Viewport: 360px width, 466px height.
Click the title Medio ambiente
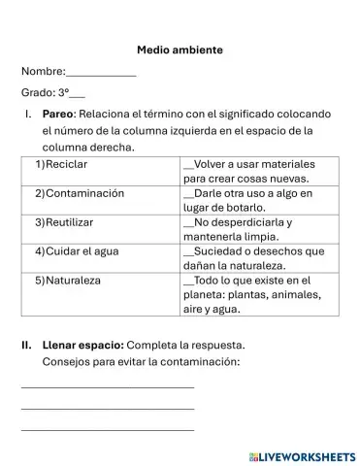pyautogui.click(x=180, y=49)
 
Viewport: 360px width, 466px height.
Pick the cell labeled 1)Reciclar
pyautogui.click(x=60, y=164)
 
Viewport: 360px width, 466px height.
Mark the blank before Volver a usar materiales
pyautogui.click(x=188, y=166)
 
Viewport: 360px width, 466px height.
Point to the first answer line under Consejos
pyautogui.click(x=107, y=386)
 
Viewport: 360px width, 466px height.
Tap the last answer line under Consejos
pyautogui.click(x=107, y=428)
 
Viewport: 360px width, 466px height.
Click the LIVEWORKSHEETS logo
pyautogui.click(x=302, y=454)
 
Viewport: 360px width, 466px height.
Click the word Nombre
pyautogui.click(x=41, y=72)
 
